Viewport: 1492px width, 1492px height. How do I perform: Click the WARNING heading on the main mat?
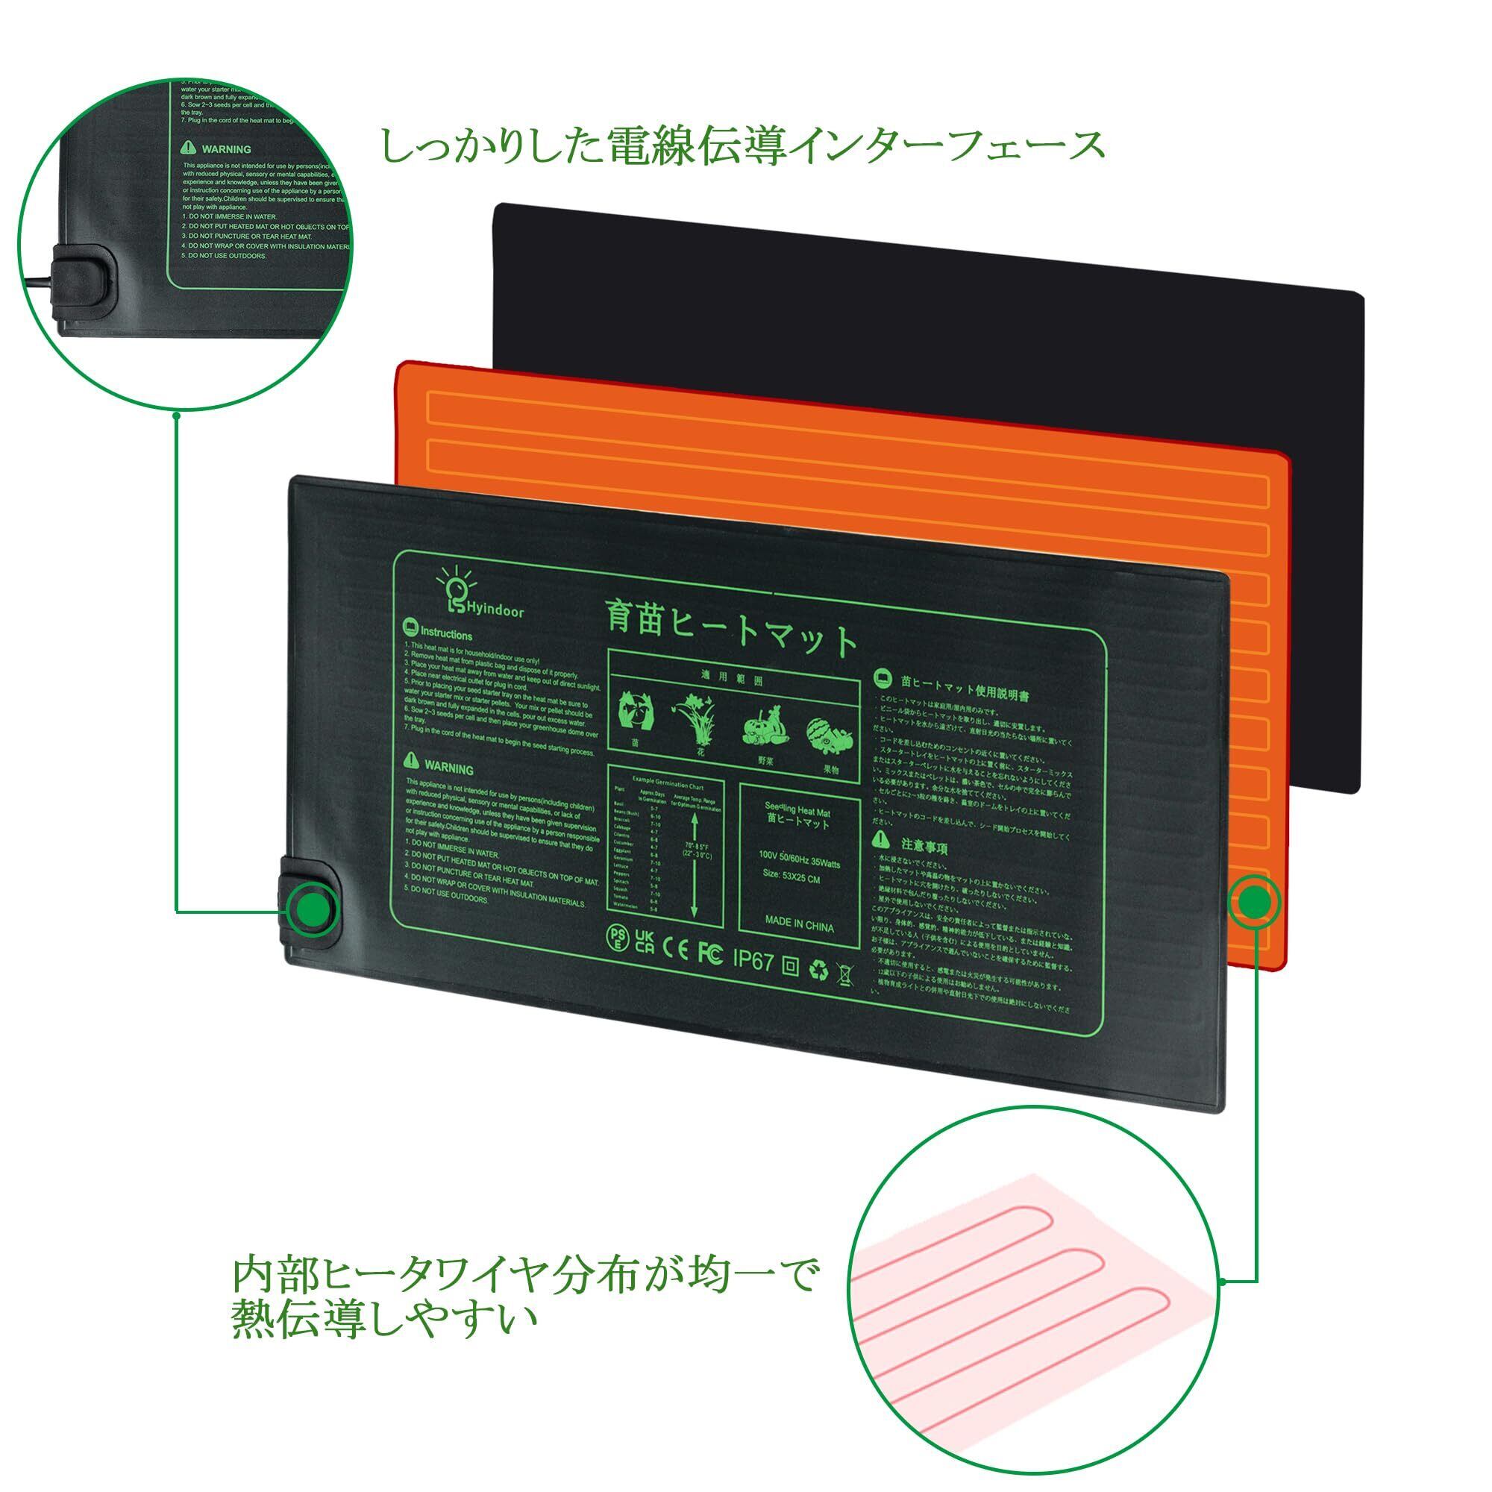tap(448, 768)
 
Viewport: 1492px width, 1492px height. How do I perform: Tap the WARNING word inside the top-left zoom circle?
tap(226, 149)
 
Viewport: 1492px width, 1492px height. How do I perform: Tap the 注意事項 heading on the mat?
tap(924, 849)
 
